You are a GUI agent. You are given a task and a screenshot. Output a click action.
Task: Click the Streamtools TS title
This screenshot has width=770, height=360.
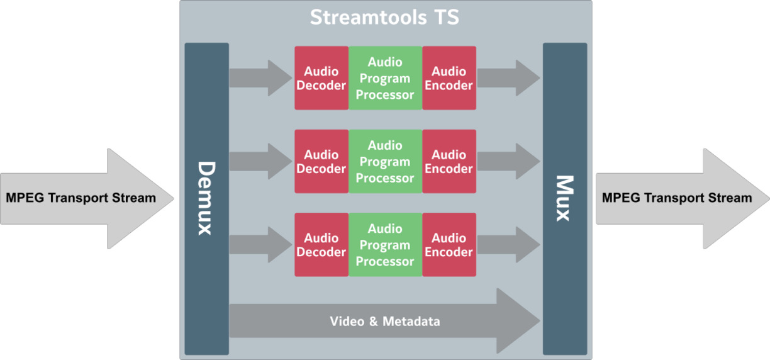[x=384, y=18]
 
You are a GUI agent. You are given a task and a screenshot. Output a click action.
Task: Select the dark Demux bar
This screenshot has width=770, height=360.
[x=206, y=198]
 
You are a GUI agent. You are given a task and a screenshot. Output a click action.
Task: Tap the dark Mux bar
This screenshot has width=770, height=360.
[x=564, y=198]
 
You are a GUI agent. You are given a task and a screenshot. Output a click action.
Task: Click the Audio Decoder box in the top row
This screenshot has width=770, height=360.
[x=321, y=78]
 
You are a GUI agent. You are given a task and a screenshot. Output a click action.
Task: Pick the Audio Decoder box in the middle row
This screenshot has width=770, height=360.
[x=321, y=162]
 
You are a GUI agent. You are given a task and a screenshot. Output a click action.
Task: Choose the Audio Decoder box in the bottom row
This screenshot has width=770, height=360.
[x=321, y=245]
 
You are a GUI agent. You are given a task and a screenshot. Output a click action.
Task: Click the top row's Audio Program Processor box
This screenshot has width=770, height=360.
[x=385, y=78]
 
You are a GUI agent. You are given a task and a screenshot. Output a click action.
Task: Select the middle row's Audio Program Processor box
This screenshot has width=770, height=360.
[x=385, y=162]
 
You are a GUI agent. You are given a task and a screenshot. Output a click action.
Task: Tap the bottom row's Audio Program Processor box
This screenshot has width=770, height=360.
[x=385, y=245]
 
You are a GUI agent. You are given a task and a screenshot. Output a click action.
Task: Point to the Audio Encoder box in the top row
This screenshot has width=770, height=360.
[x=449, y=78]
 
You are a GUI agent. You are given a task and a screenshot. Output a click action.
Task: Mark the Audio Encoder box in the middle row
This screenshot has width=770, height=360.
[x=449, y=162]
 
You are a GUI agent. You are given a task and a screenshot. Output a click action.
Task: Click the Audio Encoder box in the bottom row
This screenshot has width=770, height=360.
[x=449, y=245]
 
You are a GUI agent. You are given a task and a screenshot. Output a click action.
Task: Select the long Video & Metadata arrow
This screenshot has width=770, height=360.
[x=384, y=321]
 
